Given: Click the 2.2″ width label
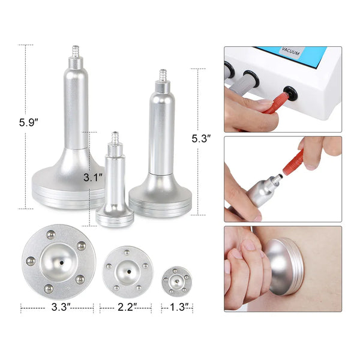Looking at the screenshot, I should click(x=126, y=308).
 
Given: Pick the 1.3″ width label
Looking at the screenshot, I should click(x=177, y=308).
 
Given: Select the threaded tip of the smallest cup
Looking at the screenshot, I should click(x=115, y=138).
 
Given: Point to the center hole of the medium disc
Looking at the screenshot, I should click(x=126, y=268).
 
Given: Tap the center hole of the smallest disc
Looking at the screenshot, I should click(x=176, y=280).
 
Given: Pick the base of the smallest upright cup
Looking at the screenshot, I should click(x=115, y=216).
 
